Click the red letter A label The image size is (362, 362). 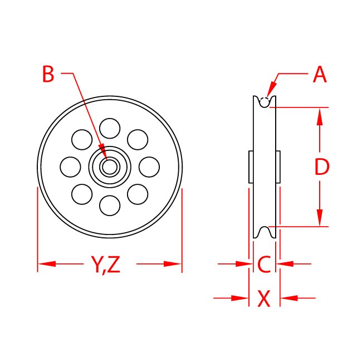pos(320,75)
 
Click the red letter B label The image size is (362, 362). pos(48,75)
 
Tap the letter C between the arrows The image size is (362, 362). pos(264,264)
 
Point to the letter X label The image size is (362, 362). pos(264,299)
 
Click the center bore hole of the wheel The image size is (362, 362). pos(110,166)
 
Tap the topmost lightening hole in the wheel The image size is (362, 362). pos(110,128)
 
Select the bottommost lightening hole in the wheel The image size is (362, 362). pos(110,206)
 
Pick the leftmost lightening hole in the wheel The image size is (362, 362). pos(70,166)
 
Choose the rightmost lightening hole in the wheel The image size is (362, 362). pos(149,166)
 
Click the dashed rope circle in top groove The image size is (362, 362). pos(265,101)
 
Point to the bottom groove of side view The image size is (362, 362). pos(265,232)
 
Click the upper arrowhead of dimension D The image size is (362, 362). pos(320,115)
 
